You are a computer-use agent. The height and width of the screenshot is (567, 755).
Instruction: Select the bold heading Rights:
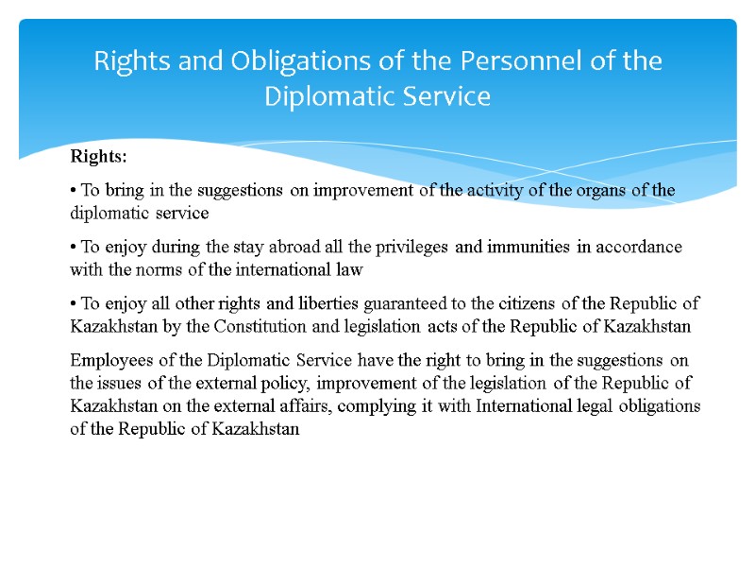[98, 156]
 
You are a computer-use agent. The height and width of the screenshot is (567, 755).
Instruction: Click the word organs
[601, 190]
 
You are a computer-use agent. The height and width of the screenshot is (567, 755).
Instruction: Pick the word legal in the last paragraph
[593, 405]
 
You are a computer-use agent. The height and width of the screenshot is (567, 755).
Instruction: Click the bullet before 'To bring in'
[74, 190]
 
